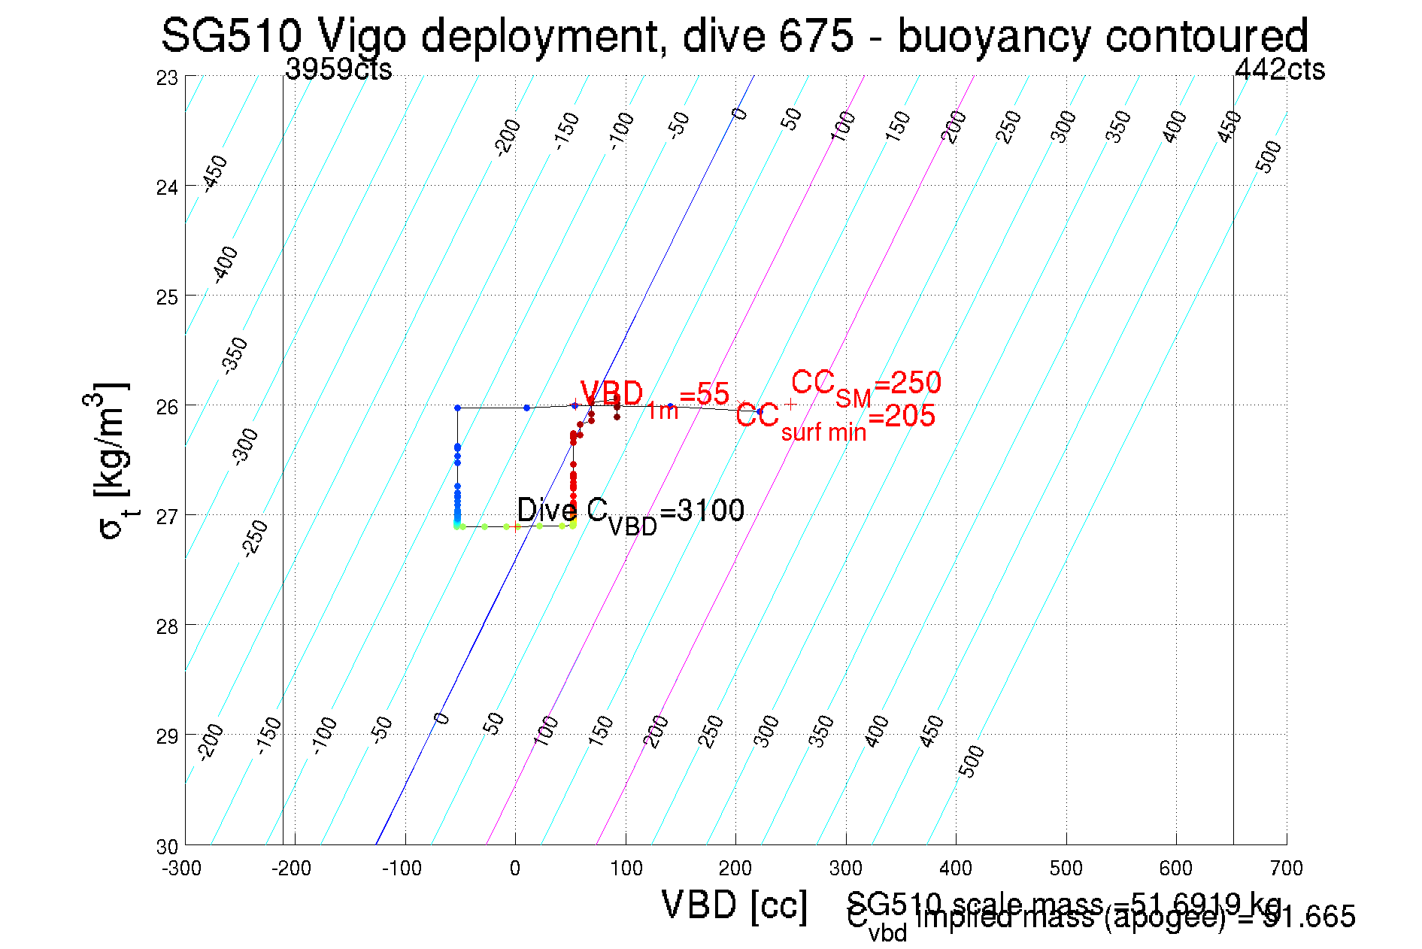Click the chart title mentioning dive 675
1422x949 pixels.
(734, 35)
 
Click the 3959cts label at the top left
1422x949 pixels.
(338, 69)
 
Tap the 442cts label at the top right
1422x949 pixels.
(1280, 69)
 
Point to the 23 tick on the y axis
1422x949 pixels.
(167, 78)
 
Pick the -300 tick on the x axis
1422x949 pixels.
(182, 869)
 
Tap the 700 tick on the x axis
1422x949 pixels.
(1286, 869)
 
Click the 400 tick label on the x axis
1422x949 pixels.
(956, 869)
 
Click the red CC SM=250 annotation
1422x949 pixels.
(866, 385)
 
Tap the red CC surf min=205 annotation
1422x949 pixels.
(835, 418)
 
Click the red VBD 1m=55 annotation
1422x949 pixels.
(654, 396)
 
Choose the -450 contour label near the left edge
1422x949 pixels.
(215, 173)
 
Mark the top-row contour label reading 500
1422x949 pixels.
(1269, 156)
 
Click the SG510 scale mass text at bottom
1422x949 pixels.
(1063, 902)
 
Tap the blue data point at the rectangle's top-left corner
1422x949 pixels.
(457, 408)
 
